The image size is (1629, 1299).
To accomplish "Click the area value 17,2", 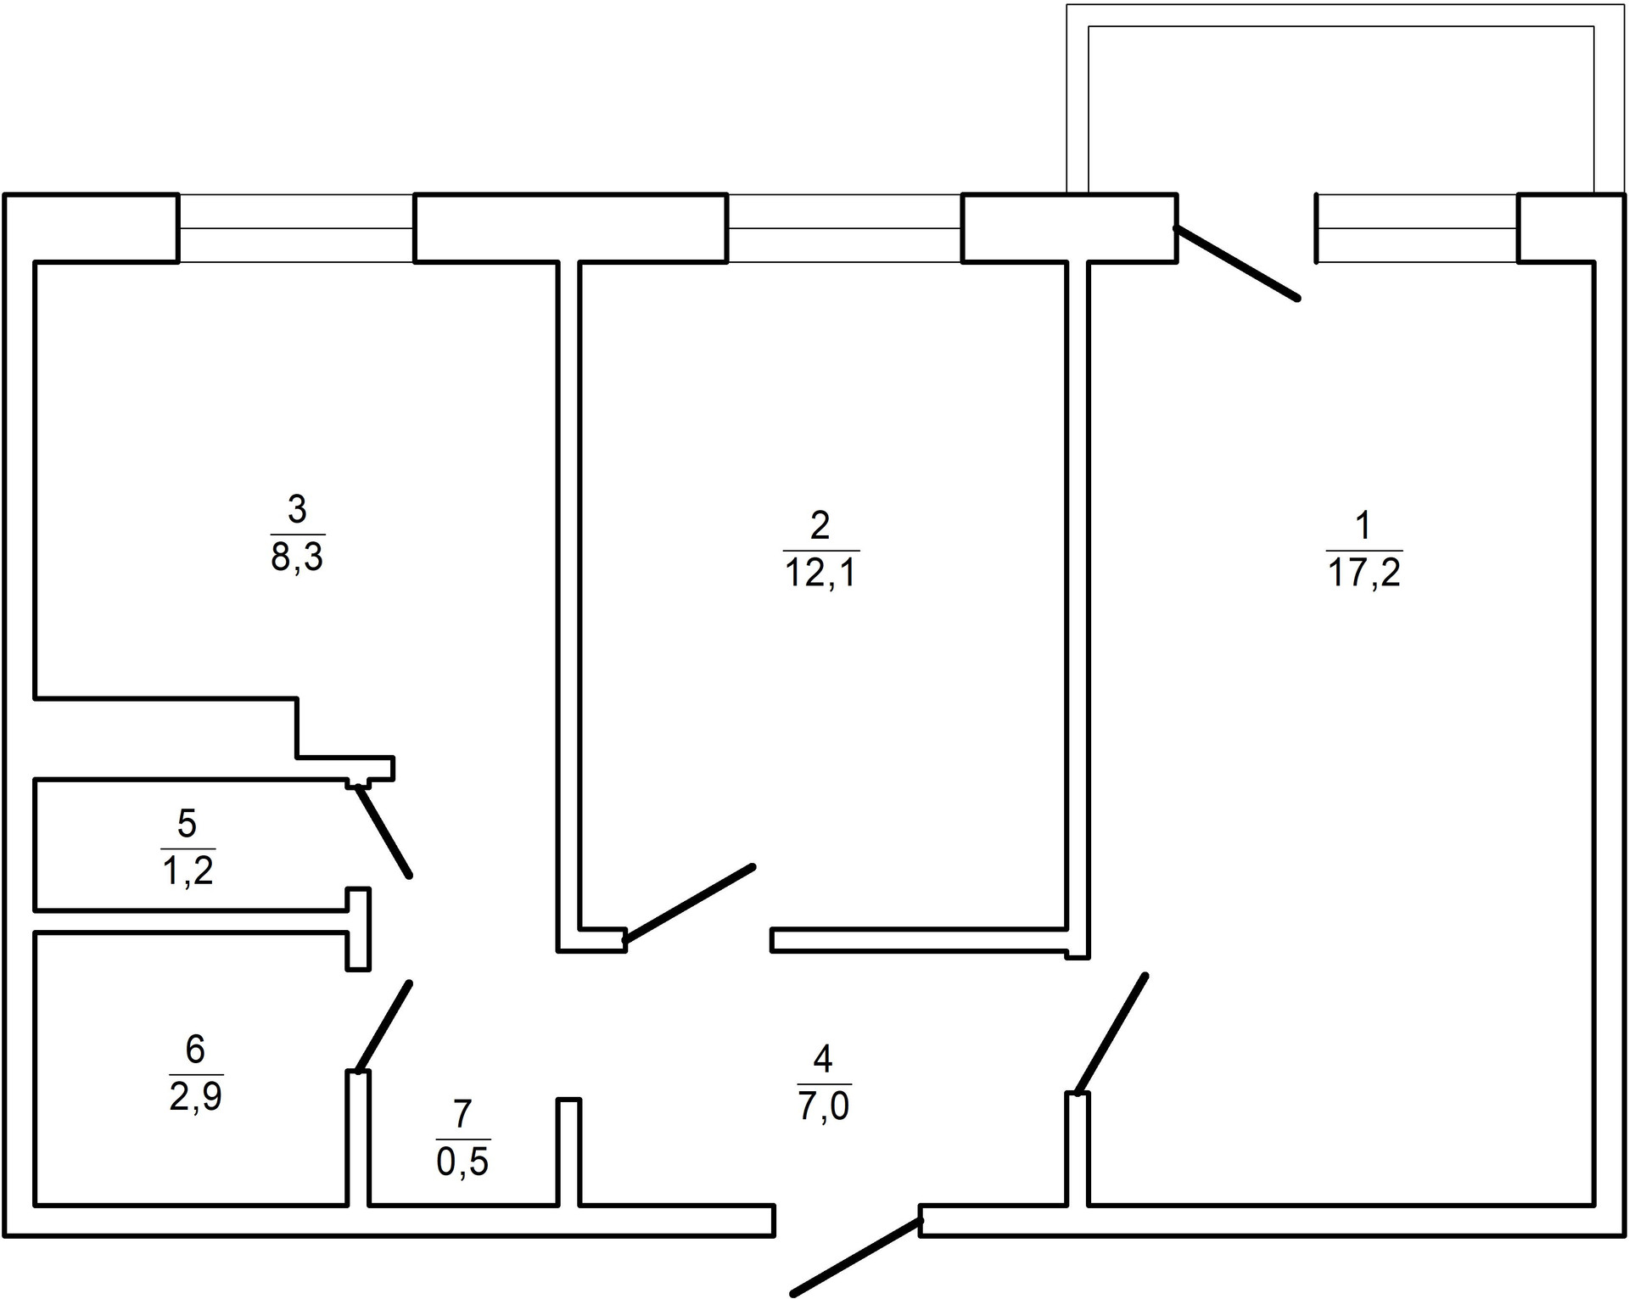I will (x=1364, y=574).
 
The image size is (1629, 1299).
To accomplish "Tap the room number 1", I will (x=1363, y=526).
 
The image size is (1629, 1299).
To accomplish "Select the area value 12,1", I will (x=821, y=574).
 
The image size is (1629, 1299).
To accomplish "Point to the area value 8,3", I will (x=297, y=559).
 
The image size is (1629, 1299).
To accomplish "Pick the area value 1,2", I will (x=188, y=871).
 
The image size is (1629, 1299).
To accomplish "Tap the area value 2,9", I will (x=195, y=1097).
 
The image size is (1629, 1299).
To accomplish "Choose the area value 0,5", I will (x=462, y=1162).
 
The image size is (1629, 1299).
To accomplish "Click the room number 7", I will (x=462, y=1114).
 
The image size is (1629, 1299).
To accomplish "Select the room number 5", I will (x=188, y=823).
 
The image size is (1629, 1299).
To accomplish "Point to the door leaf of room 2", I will (x=689, y=903).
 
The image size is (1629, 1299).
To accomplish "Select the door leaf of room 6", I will (x=384, y=1027).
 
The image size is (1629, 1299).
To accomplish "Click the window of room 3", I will (x=296, y=228).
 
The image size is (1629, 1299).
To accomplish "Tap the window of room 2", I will (x=844, y=228).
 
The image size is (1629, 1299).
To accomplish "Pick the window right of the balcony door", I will (x=1417, y=228).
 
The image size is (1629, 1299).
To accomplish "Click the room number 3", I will (x=297, y=510).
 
